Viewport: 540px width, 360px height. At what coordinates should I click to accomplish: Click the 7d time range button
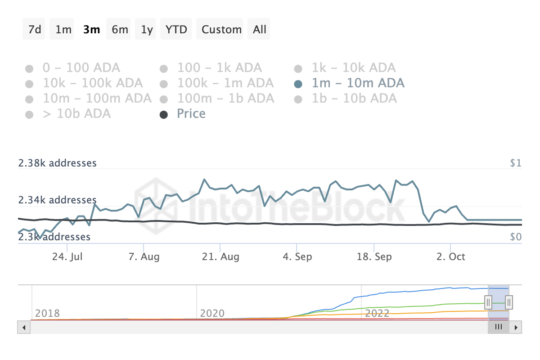pos(35,30)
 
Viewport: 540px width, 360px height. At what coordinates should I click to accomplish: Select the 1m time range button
pos(63,30)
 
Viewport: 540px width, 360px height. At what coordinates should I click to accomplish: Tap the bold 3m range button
pos(92,30)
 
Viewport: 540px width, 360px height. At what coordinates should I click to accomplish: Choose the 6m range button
pos(120,30)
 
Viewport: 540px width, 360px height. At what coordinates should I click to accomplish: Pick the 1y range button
pos(147,30)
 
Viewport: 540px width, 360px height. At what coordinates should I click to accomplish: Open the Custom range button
pos(221,30)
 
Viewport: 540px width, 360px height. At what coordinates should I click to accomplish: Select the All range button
pos(260,30)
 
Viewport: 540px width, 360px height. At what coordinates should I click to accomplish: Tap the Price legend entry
pos(191,114)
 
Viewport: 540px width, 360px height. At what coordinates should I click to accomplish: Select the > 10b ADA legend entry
pos(76,114)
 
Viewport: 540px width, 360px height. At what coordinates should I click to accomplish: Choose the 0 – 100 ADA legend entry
pos(81,68)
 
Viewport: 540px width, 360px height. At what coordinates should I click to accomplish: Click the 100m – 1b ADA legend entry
pos(225,99)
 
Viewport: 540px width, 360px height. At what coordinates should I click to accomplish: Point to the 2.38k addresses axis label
pos(57,163)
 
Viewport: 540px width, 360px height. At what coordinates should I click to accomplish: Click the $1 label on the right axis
pos(516,163)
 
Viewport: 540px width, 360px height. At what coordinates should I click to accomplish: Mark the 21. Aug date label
pos(220,257)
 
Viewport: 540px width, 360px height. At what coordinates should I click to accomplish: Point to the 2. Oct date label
pos(451,257)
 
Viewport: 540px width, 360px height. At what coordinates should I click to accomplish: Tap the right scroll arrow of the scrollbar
pos(516,327)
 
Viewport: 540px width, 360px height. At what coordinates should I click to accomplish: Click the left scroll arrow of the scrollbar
pos(23,327)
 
